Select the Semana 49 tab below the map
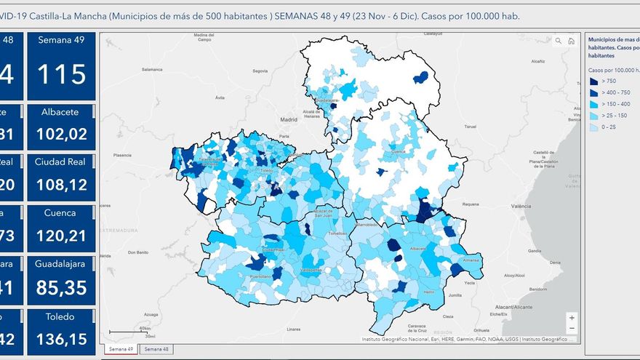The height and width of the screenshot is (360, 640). [120, 349]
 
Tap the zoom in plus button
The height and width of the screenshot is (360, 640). [572, 318]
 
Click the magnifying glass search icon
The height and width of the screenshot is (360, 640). [558, 41]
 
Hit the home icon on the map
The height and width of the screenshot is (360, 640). [572, 41]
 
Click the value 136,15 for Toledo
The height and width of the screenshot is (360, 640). [61, 339]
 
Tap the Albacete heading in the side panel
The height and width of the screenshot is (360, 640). [60, 113]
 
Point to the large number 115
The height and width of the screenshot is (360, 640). [61, 74]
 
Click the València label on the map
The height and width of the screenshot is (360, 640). [519, 207]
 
